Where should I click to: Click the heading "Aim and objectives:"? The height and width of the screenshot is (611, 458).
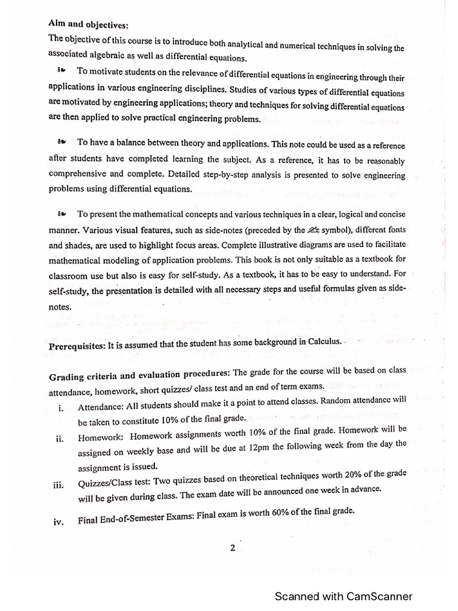pos(88,25)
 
